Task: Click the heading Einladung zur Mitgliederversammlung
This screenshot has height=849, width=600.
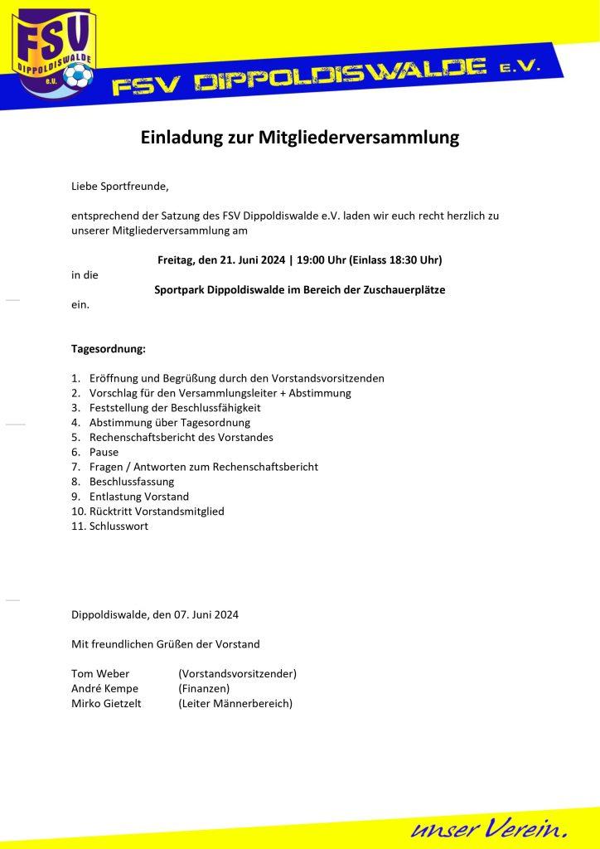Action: pyautogui.click(x=299, y=138)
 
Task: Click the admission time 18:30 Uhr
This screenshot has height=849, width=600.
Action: pyautogui.click(x=410, y=260)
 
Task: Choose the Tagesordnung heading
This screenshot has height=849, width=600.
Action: pyautogui.click(x=109, y=349)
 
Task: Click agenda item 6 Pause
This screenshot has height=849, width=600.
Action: pyautogui.click(x=104, y=452)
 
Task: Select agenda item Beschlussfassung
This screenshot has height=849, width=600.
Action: pyautogui.click(x=132, y=481)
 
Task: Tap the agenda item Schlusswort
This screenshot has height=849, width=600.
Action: pyautogui.click(x=119, y=526)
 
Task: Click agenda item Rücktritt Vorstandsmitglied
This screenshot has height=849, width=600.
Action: pyautogui.click(x=157, y=511)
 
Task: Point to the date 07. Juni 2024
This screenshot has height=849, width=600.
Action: pyautogui.click(x=206, y=614)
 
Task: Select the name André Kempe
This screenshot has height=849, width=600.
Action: pyautogui.click(x=105, y=688)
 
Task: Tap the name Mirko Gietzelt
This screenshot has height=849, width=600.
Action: pyautogui.click(x=107, y=703)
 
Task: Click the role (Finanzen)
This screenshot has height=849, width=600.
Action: pyautogui.click(x=204, y=688)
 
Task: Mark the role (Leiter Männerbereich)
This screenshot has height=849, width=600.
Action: pyautogui.click(x=235, y=703)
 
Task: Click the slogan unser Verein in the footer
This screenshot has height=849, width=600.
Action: pyautogui.click(x=489, y=827)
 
